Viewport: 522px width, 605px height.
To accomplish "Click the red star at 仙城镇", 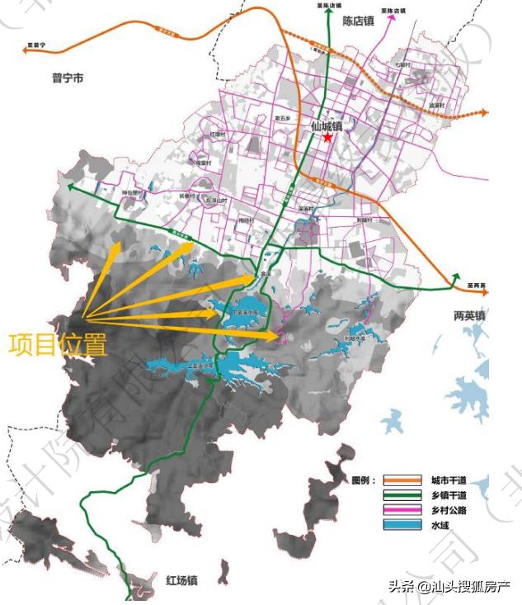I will [328, 138].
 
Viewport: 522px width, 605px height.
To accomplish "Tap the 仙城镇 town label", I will [328, 126].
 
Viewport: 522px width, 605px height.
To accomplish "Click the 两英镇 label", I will [470, 316].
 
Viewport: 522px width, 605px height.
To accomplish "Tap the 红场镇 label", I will [181, 580].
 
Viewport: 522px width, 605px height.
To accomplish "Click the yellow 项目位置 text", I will [58, 344].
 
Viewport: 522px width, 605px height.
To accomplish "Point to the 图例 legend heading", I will [364, 480].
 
